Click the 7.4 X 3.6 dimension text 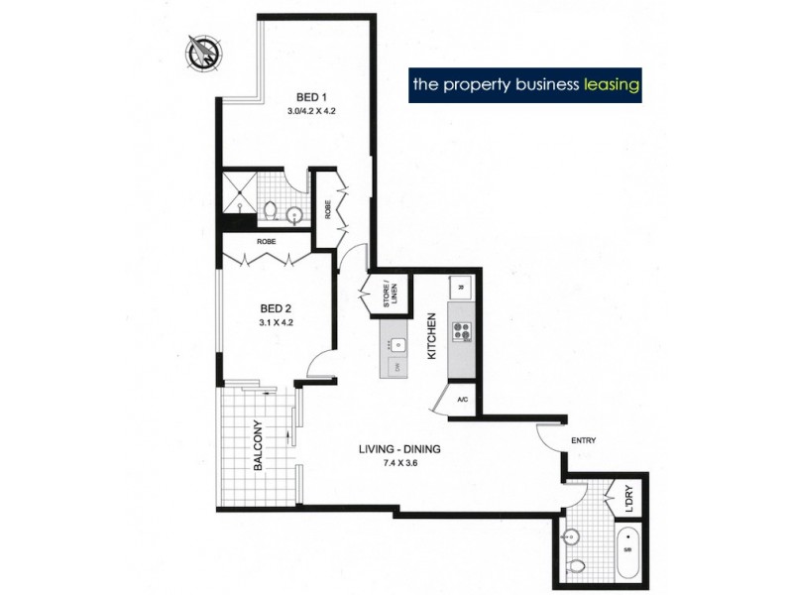click(399, 463)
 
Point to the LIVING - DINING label click(399, 449)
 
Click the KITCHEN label click(431, 337)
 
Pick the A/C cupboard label click(462, 401)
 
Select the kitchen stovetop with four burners click(462, 331)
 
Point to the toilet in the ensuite click(271, 211)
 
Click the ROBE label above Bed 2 click(266, 241)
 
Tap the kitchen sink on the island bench click(396, 345)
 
